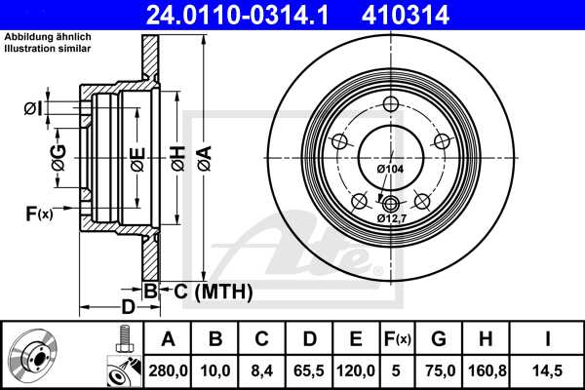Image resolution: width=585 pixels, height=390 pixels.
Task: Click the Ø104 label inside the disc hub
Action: tap(390, 170)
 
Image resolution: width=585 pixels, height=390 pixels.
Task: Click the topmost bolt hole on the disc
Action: tap(391, 105)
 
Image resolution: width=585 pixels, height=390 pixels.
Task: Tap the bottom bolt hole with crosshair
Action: tap(391, 203)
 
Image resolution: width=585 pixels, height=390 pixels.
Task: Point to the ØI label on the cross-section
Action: tap(32, 107)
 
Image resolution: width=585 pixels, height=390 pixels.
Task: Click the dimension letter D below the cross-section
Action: tap(129, 308)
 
